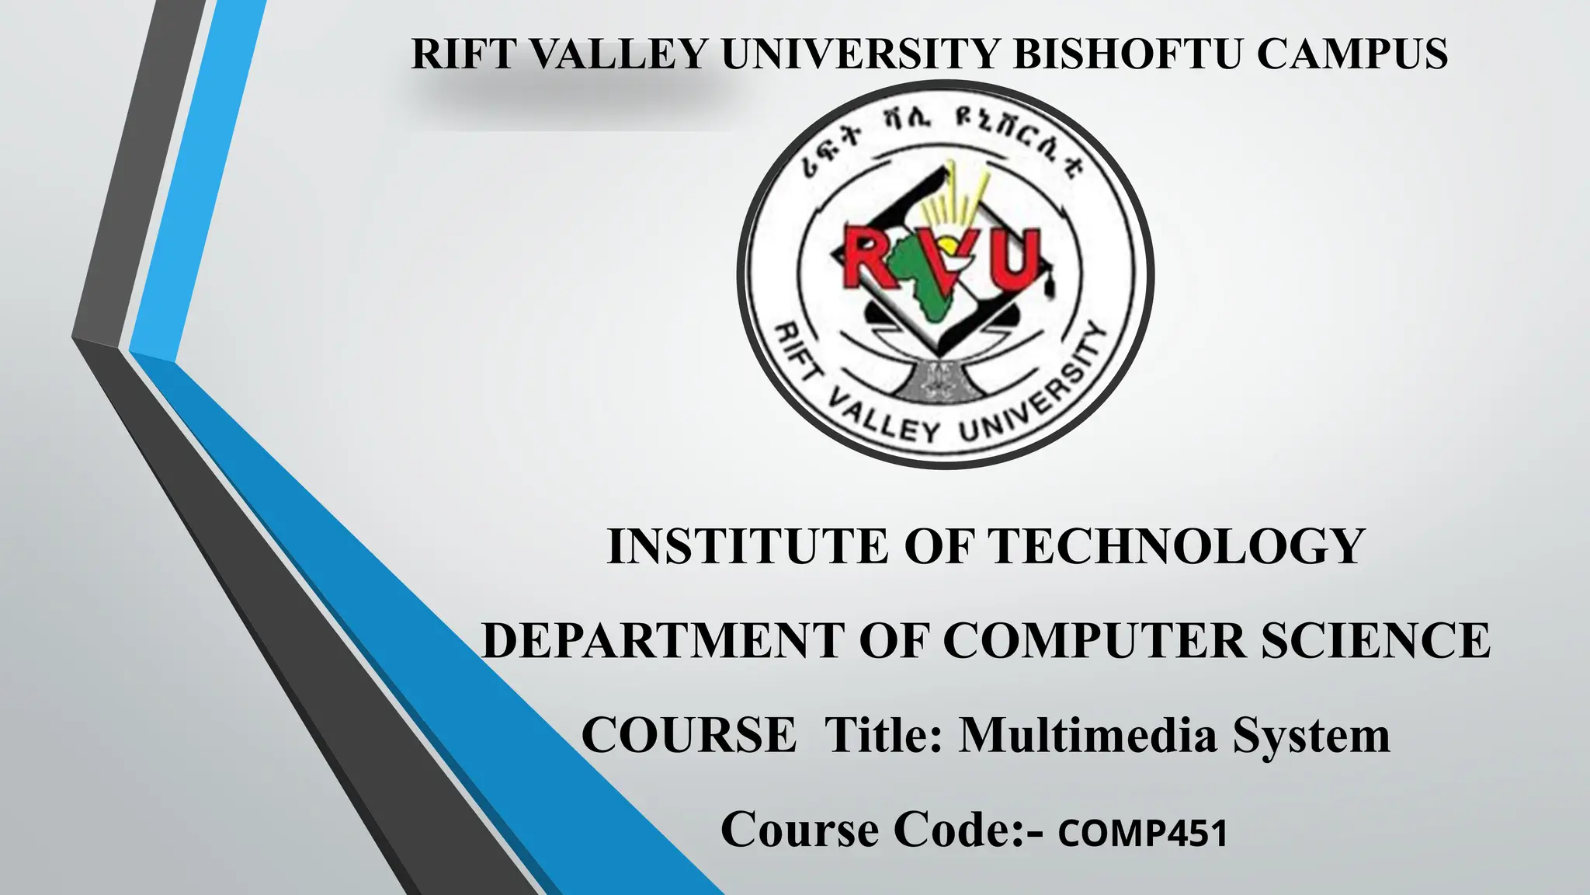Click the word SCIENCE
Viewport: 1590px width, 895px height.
pyautogui.click(x=1375, y=641)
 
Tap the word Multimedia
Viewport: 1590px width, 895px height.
pyautogui.click(x=1088, y=735)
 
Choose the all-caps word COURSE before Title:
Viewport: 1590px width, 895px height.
pyautogui.click(x=689, y=735)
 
